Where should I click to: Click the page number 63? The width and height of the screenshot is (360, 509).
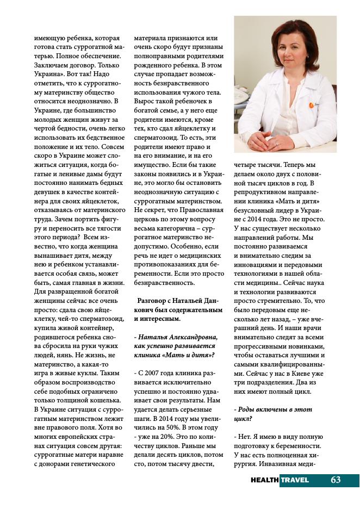[336, 480]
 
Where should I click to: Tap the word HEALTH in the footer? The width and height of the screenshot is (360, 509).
[265, 480]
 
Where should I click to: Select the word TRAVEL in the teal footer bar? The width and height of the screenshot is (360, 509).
[295, 480]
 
